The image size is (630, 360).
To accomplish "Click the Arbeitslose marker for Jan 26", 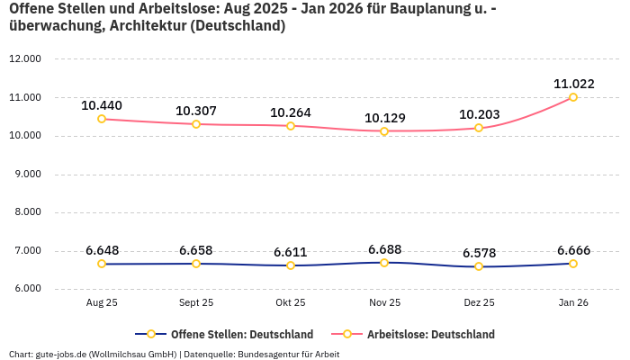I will [x=573, y=97].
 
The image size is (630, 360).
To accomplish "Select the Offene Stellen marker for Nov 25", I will [x=384, y=263].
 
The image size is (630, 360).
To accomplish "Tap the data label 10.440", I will [x=102, y=105].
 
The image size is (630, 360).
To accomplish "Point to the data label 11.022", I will [x=573, y=84].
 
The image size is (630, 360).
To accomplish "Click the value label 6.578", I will [x=479, y=253].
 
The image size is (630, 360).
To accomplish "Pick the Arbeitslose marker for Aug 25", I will [x=102, y=119].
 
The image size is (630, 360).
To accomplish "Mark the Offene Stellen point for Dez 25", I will [x=479, y=266].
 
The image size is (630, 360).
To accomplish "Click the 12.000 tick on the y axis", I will [x=24, y=59].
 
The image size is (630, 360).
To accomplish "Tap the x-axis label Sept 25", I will [x=196, y=303].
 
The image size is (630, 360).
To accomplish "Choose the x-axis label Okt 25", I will [x=291, y=303].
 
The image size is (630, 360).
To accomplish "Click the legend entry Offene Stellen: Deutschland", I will [x=241, y=334].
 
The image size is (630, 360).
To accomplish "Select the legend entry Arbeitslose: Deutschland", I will [x=430, y=334].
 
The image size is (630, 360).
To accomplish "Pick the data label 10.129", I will [x=384, y=118].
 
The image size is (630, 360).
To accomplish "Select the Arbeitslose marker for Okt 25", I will [x=291, y=126].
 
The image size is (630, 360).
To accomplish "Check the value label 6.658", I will [x=196, y=250].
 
